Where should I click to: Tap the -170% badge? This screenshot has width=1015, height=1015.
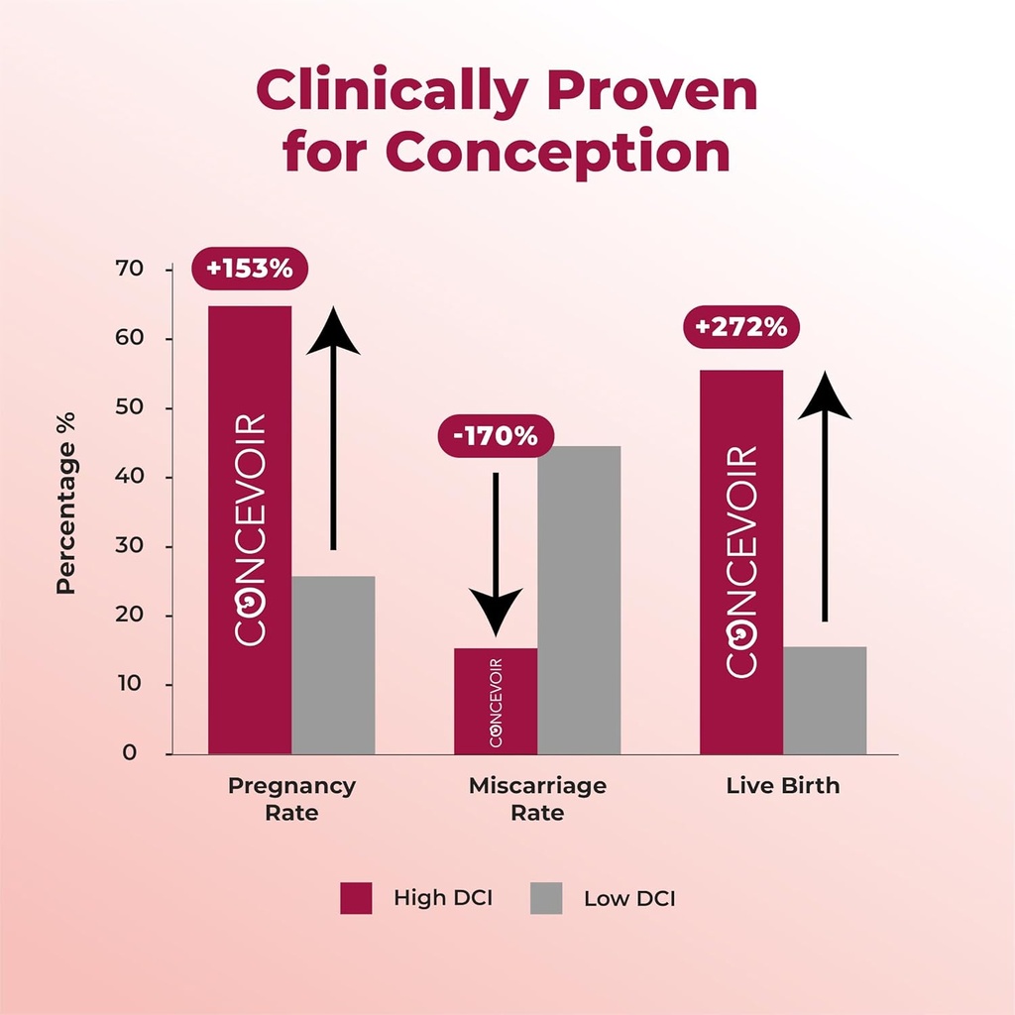point(496,436)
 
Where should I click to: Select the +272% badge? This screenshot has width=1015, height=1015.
point(741,327)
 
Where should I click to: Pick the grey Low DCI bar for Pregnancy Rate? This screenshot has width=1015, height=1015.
point(333,665)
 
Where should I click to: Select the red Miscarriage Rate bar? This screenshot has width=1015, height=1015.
point(496,701)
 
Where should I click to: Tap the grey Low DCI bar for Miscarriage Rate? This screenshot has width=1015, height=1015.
point(579,600)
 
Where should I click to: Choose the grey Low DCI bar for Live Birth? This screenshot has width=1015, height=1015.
point(825,700)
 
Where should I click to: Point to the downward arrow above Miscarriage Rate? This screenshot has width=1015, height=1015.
point(496,555)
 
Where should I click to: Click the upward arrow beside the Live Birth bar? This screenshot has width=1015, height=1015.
point(825,496)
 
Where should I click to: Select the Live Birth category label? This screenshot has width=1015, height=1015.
point(783,786)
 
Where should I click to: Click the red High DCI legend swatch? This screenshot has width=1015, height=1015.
point(356,898)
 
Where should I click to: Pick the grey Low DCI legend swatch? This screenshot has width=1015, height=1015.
point(546,898)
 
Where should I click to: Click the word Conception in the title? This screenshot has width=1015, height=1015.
point(557,153)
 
